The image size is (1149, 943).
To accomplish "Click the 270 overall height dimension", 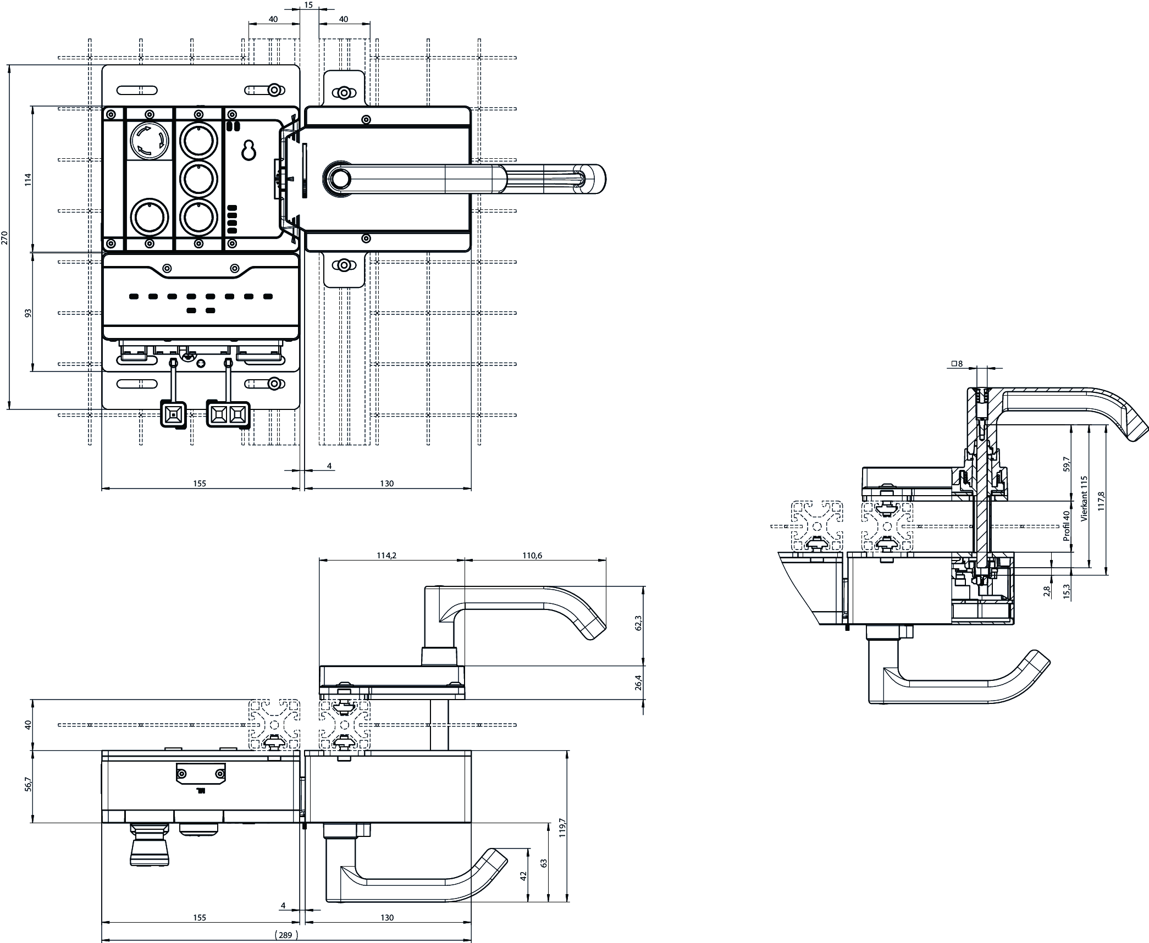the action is pos(5,237).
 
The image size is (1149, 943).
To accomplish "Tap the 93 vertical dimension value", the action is pos(29,313).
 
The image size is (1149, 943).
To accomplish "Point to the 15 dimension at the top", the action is pos(308,5).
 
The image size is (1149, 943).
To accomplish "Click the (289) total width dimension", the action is pos(286,935).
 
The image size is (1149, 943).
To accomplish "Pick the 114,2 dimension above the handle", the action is pos(386,556).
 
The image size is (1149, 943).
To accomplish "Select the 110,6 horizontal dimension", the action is pos(532,556).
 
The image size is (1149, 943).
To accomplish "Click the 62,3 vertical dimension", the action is pos(639,623).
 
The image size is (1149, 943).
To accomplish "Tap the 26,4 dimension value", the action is pos(639,683).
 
